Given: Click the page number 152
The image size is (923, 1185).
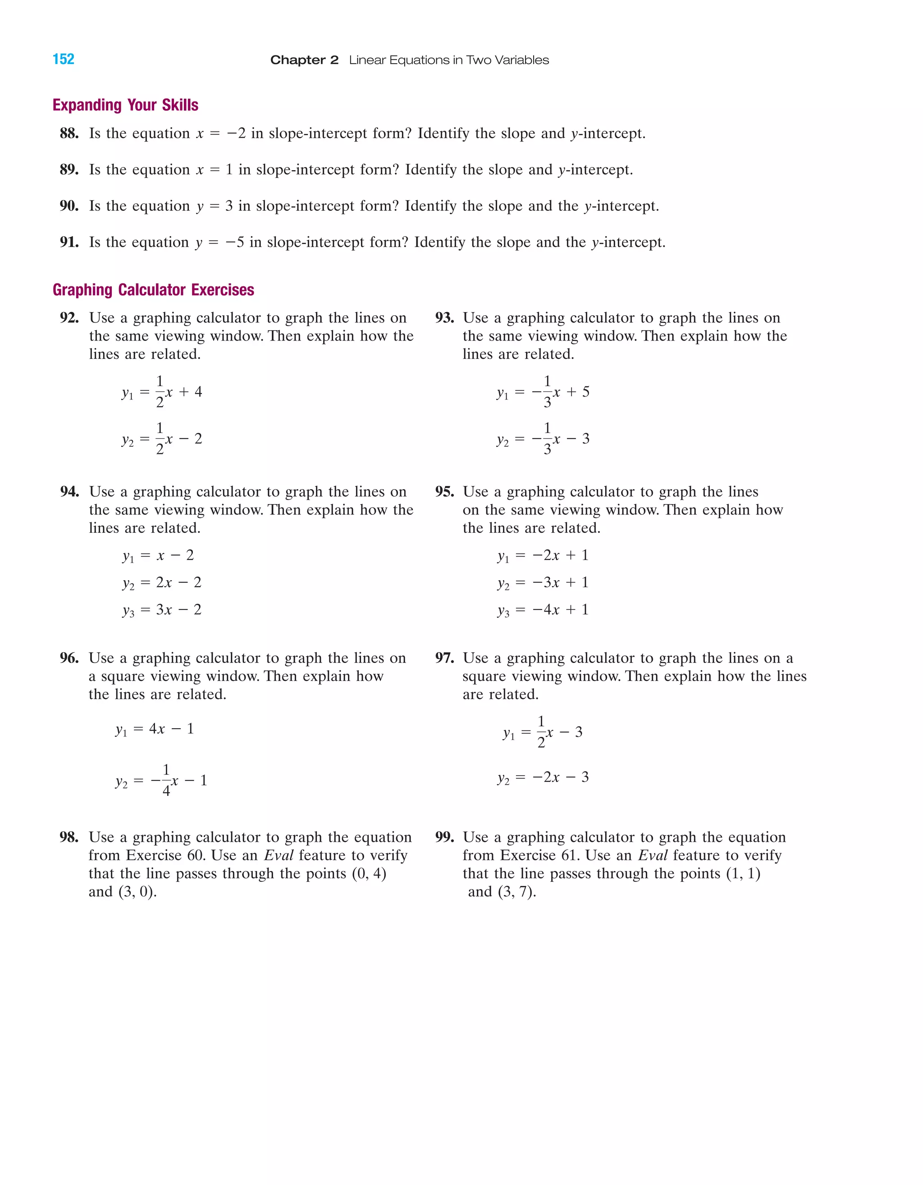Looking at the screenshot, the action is coord(63,59).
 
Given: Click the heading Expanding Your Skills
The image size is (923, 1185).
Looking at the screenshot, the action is coord(125,105).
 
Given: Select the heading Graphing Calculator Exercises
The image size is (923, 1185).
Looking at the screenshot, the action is coord(153,290).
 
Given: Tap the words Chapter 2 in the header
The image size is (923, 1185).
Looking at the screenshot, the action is coord(304,60).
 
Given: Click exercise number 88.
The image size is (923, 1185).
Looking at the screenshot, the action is coord(69,133).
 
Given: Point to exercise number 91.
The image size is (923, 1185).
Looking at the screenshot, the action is coord(69,242).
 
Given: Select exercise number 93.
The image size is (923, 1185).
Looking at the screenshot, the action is coord(444,318).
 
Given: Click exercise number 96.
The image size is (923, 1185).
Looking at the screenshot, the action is coord(69,658).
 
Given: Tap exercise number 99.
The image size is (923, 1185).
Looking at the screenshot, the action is coord(444,837).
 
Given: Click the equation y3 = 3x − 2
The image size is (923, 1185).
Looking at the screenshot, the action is coord(162,610).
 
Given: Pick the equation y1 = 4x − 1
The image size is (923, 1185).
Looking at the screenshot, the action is coord(155,729).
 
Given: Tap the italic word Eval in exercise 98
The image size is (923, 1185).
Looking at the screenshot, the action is coord(279,856).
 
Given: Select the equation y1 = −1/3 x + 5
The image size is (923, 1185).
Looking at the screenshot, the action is coord(543,392).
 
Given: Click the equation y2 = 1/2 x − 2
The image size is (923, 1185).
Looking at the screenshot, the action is coord(162,438).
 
